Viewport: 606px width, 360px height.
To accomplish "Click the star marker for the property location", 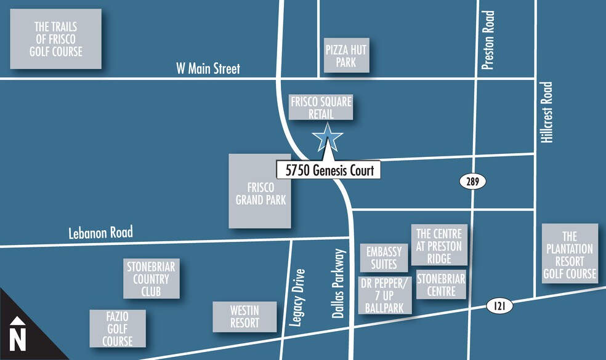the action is pos(328,138).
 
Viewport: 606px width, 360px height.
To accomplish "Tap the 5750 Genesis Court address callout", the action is pos(329,170).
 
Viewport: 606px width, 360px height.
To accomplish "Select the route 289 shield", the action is pos(472,181).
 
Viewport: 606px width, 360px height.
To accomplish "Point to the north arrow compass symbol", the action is pos(18,333).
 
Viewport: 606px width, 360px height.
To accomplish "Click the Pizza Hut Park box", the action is pos(347,56).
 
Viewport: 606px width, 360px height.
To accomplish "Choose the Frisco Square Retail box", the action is pos(321,107).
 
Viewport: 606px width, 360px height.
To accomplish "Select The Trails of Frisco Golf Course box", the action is pos(55,38).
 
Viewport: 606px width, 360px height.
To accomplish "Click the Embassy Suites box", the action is pos(384,258).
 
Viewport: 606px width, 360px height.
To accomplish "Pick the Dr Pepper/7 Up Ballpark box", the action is pos(384,295).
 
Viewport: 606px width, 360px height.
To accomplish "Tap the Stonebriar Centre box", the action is pos(441,284).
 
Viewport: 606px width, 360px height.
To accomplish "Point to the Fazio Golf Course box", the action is pos(118,328).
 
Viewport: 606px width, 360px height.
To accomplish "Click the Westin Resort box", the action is pos(244,316).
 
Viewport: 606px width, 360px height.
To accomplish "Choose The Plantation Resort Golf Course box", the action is pos(570,254).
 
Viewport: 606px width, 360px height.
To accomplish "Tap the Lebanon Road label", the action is pos(100,233).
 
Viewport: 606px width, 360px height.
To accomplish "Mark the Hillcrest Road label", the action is pos(547,113).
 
